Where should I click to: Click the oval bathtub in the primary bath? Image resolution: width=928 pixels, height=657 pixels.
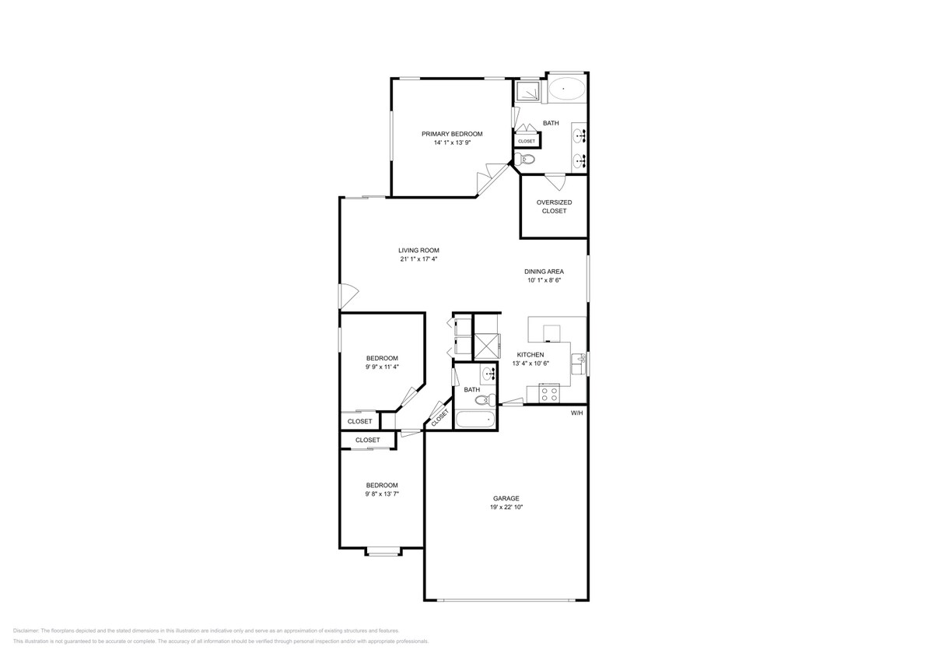click(x=566, y=90)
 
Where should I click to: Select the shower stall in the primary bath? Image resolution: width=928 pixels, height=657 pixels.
click(x=529, y=92)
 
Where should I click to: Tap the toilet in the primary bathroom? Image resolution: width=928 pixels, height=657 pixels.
click(x=527, y=159)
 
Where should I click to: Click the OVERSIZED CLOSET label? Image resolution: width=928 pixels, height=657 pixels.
click(x=554, y=206)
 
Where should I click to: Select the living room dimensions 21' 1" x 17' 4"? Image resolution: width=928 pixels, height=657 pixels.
click(x=419, y=259)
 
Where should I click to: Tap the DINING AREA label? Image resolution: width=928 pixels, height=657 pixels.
click(x=544, y=272)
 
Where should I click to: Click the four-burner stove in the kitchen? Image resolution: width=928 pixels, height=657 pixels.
click(x=548, y=394)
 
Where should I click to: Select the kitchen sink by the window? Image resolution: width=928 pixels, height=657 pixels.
click(x=578, y=364)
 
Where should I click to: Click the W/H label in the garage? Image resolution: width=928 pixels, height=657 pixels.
click(x=576, y=413)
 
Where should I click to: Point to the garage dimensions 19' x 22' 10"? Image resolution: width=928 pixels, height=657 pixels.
click(x=505, y=507)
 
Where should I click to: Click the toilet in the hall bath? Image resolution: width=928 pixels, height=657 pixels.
click(x=485, y=401)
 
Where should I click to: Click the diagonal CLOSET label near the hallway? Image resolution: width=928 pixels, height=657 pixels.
click(x=439, y=417)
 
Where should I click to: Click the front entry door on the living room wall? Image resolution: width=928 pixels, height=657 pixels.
click(x=347, y=296)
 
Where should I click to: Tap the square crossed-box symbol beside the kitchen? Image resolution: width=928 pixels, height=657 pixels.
click(x=485, y=344)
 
